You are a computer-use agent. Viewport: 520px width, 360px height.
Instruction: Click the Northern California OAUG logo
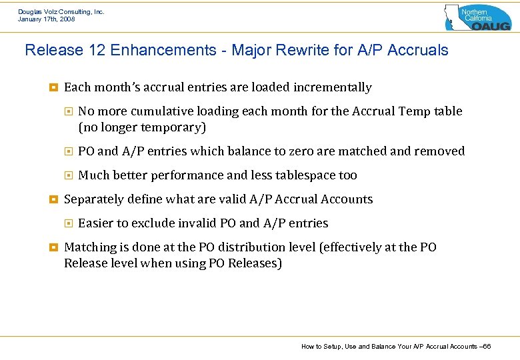coord(477,17)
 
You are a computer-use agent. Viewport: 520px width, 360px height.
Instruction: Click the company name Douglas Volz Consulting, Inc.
coord(61,11)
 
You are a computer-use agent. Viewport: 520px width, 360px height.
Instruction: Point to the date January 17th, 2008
coord(46,19)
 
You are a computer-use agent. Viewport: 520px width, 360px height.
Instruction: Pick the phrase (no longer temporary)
coord(142,127)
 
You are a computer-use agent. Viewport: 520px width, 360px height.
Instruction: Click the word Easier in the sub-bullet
coord(97,223)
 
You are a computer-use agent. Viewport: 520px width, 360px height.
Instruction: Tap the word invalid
coord(193,223)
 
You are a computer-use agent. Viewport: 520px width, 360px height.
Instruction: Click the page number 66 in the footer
coord(487,346)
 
